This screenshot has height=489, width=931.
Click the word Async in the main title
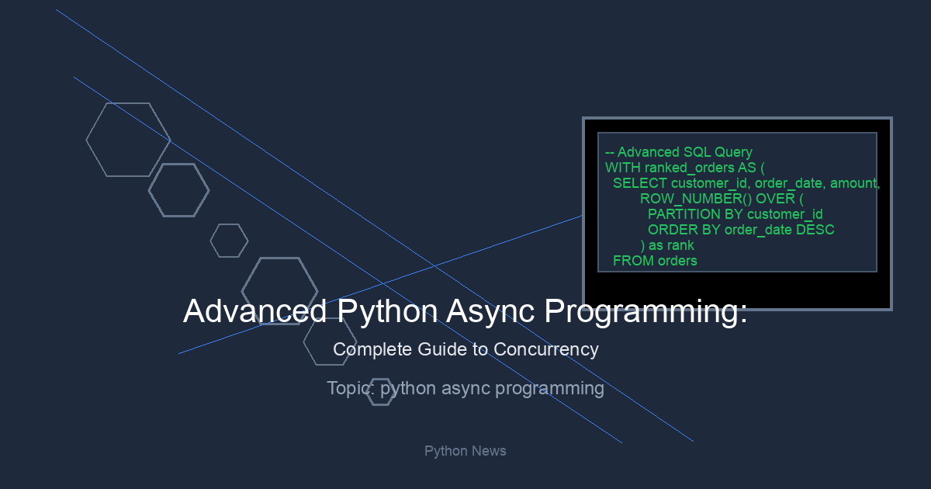click(x=490, y=311)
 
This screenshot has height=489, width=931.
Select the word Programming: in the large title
click(x=645, y=312)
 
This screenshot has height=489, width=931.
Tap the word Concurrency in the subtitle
click(x=546, y=349)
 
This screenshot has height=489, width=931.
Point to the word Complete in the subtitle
click(x=372, y=350)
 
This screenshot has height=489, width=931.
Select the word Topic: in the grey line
click(x=351, y=388)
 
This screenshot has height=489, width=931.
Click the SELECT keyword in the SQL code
click(x=639, y=183)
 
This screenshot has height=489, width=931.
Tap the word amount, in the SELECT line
click(x=855, y=183)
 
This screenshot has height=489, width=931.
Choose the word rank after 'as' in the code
click(x=680, y=245)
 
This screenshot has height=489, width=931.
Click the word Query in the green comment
click(x=734, y=153)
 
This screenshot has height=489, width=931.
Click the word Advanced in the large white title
click(x=254, y=311)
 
